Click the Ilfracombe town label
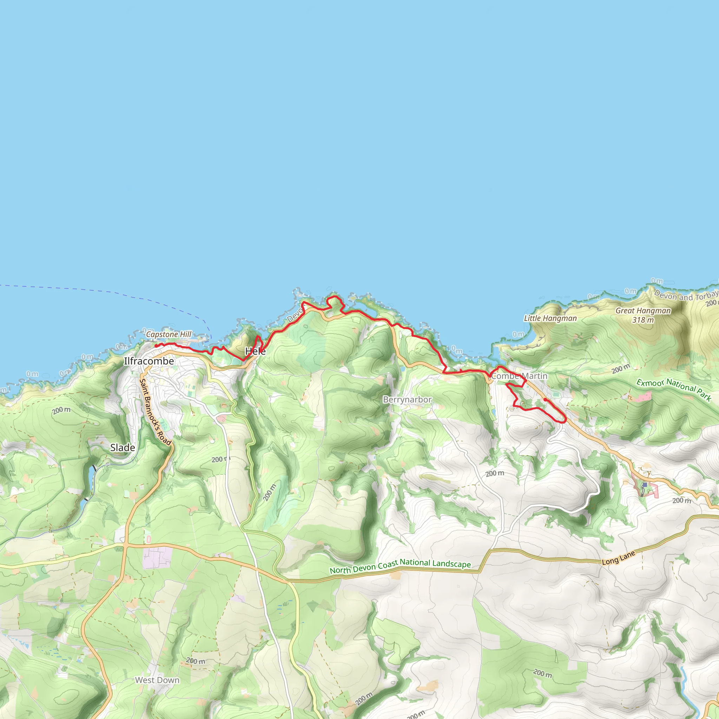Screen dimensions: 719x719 (149, 361)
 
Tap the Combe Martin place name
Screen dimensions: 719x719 (519, 376)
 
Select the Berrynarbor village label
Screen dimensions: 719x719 (407, 400)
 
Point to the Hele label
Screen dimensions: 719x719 (255, 351)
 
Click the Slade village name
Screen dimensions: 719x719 (123, 448)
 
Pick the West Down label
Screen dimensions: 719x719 (157, 680)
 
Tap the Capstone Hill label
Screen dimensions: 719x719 (169, 334)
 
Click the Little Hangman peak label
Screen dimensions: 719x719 (550, 318)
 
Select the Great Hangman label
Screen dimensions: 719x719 (643, 311)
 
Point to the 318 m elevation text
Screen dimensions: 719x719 (643, 320)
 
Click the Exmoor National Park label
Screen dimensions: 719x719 (674, 389)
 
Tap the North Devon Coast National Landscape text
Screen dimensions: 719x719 (400, 566)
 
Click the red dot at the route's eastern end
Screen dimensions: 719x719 (545, 400)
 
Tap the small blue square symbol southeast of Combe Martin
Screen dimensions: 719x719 (645, 485)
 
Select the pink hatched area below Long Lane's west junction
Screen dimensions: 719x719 (157, 557)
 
